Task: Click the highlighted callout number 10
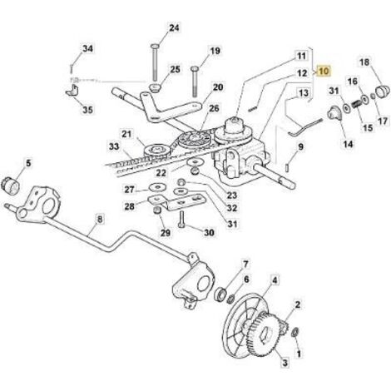point(324,72)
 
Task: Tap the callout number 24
point(174,27)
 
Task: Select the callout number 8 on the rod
point(100,220)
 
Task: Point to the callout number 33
point(114,146)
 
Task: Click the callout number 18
point(364,62)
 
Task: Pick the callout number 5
point(28,163)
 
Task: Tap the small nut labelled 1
point(295,332)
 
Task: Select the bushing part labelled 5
point(10,186)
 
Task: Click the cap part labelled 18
point(383,92)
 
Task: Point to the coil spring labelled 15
point(357,105)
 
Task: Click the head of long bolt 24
point(155,46)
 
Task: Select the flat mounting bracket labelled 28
point(176,202)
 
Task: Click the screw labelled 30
point(181,220)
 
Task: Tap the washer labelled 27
point(157,188)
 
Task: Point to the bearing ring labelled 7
point(221,294)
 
